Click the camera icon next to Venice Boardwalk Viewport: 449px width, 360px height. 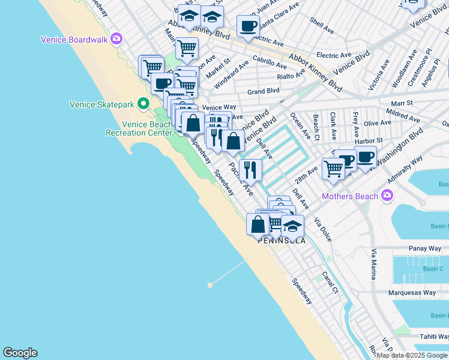pos(116,40)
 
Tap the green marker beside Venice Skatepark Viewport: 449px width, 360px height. pos(143,104)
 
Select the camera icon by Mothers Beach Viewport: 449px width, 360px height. pos(387,196)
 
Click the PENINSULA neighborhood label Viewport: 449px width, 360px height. pos(282,241)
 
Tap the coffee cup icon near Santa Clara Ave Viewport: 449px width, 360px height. pos(247,26)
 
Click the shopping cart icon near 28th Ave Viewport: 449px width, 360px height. pos(333,169)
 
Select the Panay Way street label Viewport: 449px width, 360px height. pos(424,248)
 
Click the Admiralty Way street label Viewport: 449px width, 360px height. pos(405,170)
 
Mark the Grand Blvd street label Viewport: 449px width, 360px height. pos(264,91)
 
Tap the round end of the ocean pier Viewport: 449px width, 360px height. pos(209,285)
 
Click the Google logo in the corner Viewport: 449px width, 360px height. pos(20,353)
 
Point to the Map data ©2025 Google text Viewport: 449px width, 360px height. pos(412,356)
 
